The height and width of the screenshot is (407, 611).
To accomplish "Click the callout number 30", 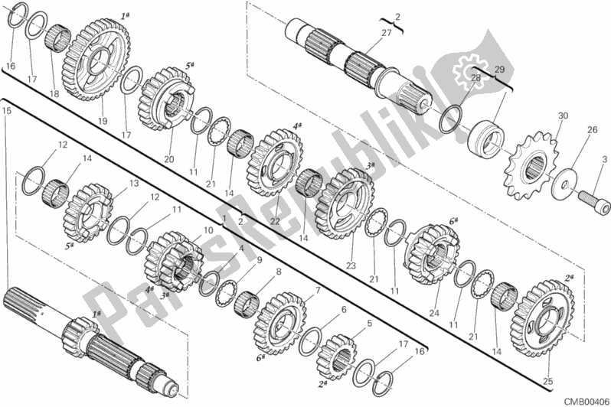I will pos(563,116).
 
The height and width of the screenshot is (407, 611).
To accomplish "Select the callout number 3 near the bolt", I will pos(604,159).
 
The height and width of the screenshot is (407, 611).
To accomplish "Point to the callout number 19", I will pos(101,120).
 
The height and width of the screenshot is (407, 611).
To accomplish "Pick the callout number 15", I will pos(6,111).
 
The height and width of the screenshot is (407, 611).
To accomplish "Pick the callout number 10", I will pos(208,230).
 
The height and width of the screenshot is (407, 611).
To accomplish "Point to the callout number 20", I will pos(169,159).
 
